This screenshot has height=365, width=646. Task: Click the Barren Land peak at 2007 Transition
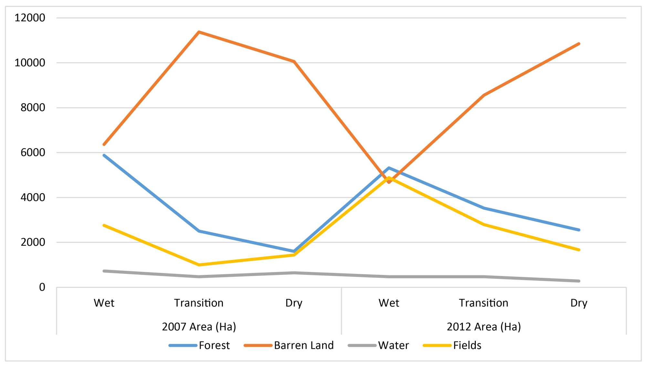(199, 32)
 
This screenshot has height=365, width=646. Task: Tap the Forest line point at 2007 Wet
(104, 155)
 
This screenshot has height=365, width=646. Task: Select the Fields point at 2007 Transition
(199, 265)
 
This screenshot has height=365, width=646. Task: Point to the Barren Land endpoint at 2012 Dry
(579, 44)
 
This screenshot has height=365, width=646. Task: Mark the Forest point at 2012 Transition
(484, 208)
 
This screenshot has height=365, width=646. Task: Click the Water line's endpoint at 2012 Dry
(579, 281)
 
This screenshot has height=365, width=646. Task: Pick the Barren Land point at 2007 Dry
(294, 61)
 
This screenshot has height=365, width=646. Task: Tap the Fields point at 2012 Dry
(579, 250)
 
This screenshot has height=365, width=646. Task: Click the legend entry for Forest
(199, 345)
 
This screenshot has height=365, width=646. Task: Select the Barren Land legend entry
(289, 345)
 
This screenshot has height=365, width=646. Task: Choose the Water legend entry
(379, 345)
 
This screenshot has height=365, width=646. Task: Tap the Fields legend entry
(452, 345)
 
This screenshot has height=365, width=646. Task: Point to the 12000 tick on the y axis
(30, 18)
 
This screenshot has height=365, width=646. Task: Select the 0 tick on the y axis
(42, 287)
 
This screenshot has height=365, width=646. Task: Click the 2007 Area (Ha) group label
(199, 327)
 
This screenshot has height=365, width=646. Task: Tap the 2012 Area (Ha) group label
(484, 327)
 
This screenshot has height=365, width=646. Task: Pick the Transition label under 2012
(484, 303)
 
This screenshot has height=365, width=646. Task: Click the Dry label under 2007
(294, 303)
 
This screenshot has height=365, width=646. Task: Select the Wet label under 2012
(389, 303)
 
